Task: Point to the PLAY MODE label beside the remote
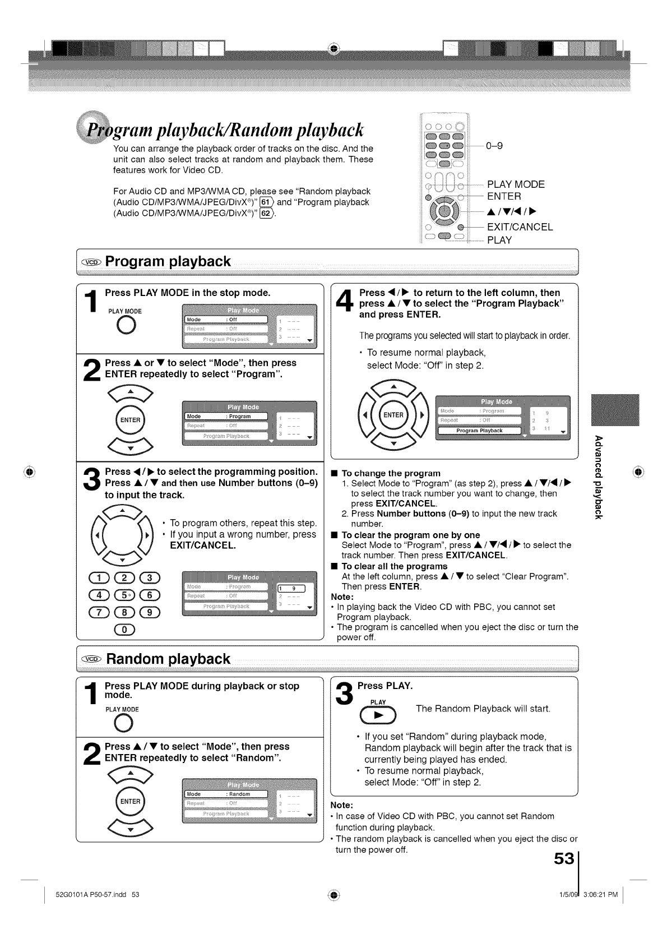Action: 516,184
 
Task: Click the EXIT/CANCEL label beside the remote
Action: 520,227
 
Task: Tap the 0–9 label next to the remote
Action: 494,146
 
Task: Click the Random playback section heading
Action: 168,659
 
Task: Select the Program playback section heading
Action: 168,262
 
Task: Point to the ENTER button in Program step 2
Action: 130,420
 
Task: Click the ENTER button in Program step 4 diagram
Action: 393,415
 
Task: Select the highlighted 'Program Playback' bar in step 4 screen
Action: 479,431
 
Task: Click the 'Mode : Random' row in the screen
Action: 226,794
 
